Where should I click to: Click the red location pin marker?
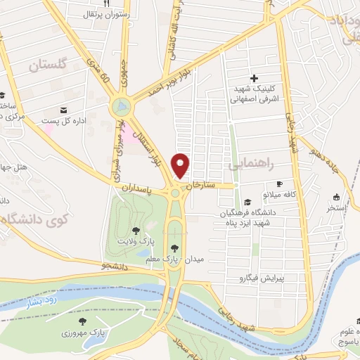(x=181, y=165)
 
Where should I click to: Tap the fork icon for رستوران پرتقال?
(x=108, y=4)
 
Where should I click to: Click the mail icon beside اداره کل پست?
(x=65, y=110)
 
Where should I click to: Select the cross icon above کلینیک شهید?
(x=254, y=78)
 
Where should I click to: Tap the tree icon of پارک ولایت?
(x=135, y=230)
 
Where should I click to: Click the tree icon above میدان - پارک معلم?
(x=174, y=247)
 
